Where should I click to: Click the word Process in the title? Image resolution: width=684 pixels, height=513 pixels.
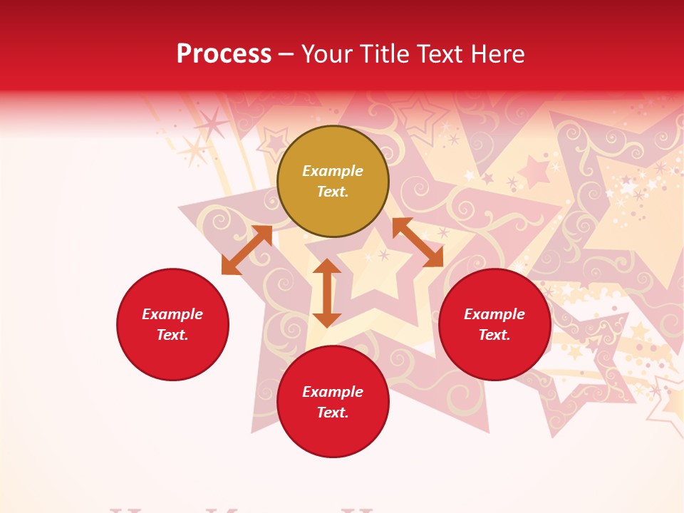(224, 54)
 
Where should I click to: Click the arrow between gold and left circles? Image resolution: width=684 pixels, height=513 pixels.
(247, 250)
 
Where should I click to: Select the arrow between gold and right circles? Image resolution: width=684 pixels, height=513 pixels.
(418, 242)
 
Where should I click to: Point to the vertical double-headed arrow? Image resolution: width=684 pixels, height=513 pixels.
(327, 293)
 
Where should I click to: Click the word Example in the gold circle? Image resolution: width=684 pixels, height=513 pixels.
(333, 171)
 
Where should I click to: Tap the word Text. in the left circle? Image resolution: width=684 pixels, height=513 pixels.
(172, 335)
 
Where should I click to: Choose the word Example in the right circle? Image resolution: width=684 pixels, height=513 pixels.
(494, 314)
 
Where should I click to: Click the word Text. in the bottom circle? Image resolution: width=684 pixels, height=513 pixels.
(333, 413)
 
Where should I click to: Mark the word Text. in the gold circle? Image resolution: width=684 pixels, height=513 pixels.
(333, 192)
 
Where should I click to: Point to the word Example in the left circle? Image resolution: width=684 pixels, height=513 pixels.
(172, 314)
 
